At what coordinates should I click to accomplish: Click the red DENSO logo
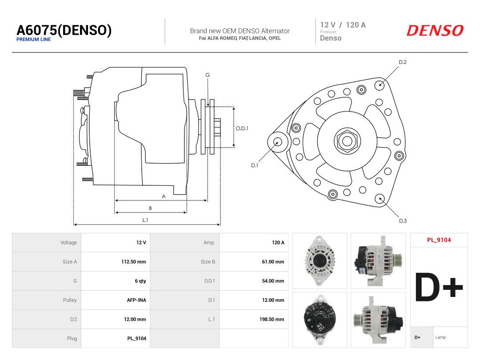[435, 30]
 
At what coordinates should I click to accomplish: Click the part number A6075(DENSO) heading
[64, 30]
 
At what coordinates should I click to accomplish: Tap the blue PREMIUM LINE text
[33, 40]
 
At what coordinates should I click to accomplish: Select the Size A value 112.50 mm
[133, 262]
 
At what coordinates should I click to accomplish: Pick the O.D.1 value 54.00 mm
[273, 281]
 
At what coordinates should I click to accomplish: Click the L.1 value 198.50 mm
[272, 319]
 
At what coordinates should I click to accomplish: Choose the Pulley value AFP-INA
[136, 300]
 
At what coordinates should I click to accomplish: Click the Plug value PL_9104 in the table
[136, 339]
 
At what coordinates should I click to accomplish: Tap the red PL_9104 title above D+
[439, 240]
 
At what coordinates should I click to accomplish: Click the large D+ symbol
[439, 287]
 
